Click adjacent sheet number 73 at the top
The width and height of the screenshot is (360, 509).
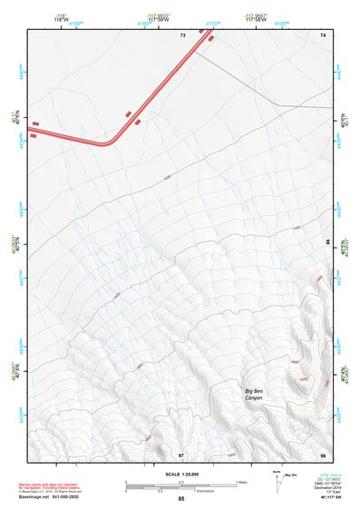(182, 34)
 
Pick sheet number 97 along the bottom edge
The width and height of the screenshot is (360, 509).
(181, 454)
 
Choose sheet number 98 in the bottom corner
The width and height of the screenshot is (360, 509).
(322, 454)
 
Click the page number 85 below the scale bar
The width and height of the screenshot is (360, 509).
(180, 499)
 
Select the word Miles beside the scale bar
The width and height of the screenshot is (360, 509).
(241, 482)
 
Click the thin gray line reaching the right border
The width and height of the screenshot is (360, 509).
(308, 106)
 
